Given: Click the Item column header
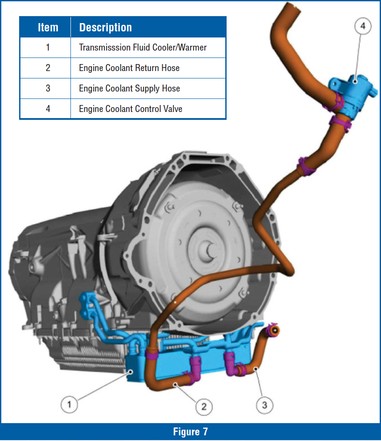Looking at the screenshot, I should coord(48,27).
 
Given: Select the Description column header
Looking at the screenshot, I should coord(105,27).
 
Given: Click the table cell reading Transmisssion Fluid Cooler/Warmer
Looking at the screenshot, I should coord(143,47).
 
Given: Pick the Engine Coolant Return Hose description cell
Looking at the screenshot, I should coord(129,68).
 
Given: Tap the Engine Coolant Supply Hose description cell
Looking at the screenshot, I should coord(129,88).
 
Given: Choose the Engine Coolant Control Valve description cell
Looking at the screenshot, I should coord(130,109).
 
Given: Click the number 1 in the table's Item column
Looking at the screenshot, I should coord(48,47).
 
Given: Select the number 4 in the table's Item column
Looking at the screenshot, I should coord(48,109).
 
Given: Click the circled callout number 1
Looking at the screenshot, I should coord(69,404).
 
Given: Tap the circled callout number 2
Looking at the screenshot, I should coord(204,407).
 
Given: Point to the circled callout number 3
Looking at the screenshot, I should coord(264,406).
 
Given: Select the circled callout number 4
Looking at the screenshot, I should coord(363,27).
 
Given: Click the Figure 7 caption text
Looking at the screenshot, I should coord(190,431).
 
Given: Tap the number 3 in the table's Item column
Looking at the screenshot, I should coord(48,88).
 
